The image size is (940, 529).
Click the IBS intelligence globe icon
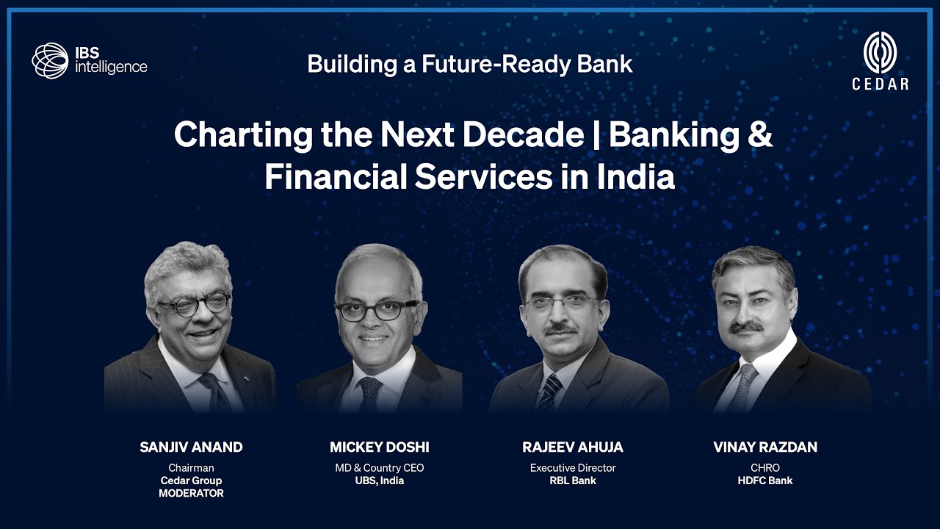(x=50, y=60)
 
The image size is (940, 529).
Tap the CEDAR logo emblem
(x=880, y=53)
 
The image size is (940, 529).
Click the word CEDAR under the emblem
(x=880, y=84)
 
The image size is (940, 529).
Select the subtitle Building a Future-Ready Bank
(x=470, y=64)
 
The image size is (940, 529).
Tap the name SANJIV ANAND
(x=191, y=447)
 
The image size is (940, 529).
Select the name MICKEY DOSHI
(x=380, y=447)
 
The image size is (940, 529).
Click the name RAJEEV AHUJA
(x=573, y=447)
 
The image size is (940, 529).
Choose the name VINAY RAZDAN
(x=765, y=447)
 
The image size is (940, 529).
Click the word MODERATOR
(x=191, y=494)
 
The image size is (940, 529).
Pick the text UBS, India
(x=380, y=481)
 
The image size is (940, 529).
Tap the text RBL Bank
(x=573, y=481)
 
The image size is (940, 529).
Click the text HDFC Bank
(x=765, y=481)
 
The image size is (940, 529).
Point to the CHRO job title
(x=765, y=468)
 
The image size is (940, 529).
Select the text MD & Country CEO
(x=380, y=468)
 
